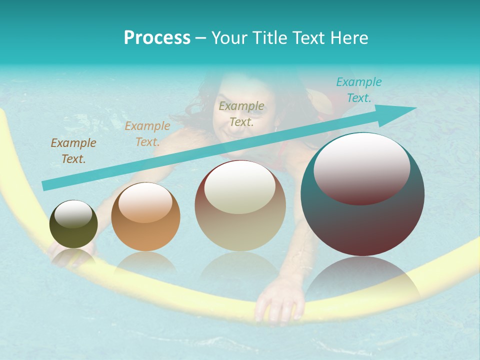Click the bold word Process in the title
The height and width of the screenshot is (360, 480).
tap(157, 38)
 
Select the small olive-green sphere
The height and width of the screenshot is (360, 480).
tap(73, 224)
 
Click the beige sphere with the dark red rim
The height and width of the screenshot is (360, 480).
tap(240, 205)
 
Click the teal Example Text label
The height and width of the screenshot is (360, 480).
tap(358, 90)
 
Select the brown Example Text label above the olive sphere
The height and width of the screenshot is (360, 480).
tap(73, 150)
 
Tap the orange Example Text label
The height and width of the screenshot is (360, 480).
tap(147, 133)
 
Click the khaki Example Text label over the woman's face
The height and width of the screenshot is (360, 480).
tap(241, 113)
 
